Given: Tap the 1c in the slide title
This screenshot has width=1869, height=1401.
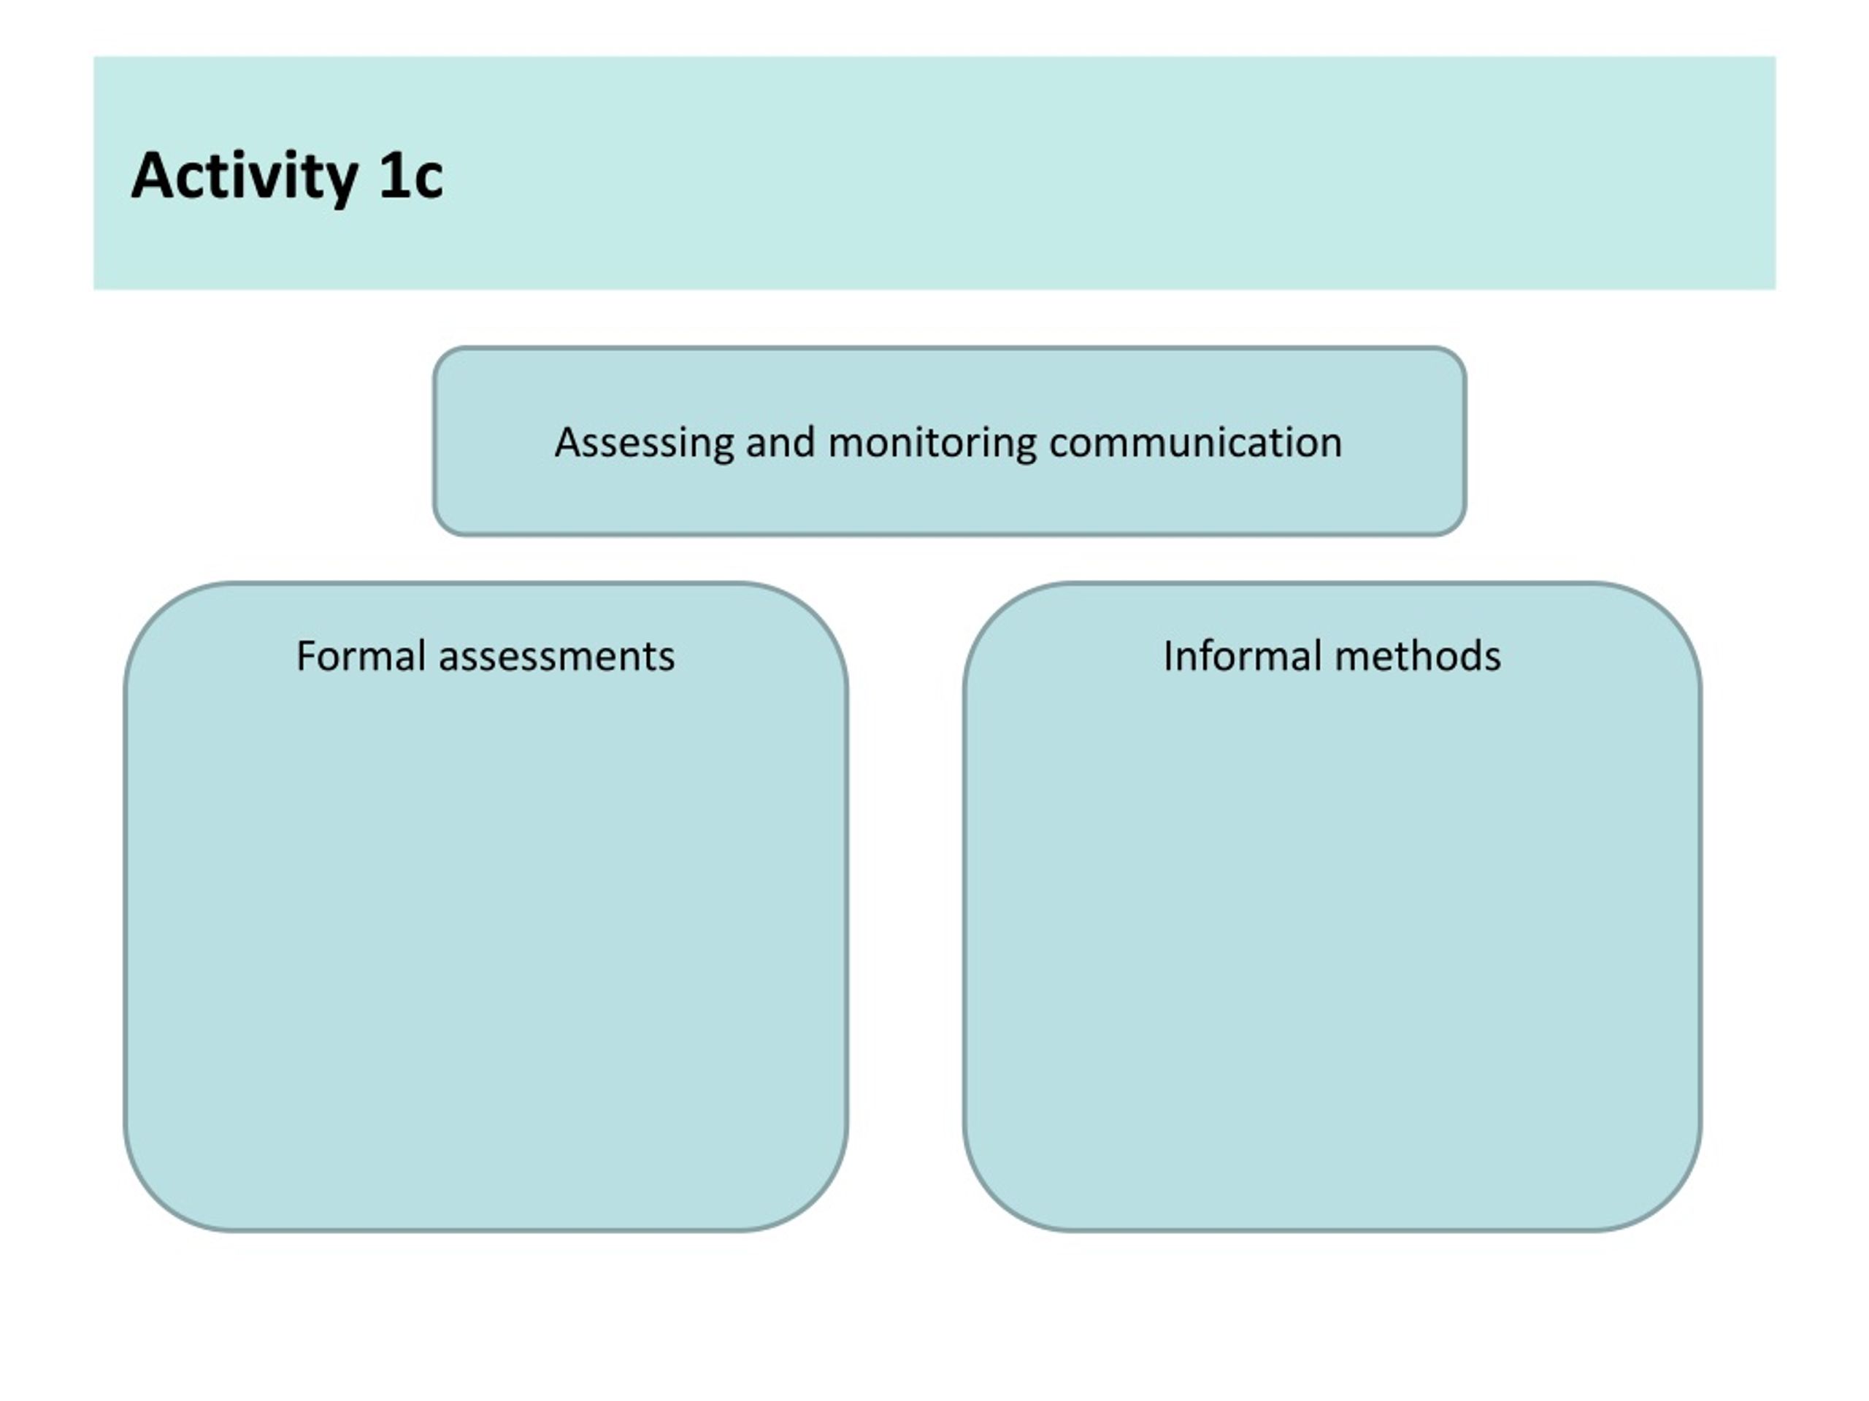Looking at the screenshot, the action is (x=410, y=176).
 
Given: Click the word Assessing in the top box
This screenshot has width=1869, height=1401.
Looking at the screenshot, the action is (x=644, y=442).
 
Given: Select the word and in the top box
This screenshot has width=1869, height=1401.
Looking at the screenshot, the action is (x=780, y=441).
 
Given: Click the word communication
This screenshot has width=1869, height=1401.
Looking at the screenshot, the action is (x=1196, y=441).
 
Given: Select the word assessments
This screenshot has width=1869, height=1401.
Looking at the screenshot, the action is (x=557, y=657).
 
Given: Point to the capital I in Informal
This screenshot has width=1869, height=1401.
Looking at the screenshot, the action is (x=1167, y=656).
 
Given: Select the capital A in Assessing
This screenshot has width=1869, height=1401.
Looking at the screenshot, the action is (x=569, y=441).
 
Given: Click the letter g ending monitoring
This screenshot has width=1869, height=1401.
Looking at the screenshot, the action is (x=1024, y=447).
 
